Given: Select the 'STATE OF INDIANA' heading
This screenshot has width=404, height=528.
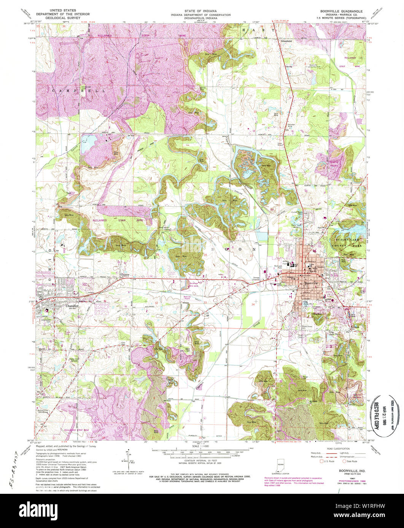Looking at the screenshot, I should tap(202, 11).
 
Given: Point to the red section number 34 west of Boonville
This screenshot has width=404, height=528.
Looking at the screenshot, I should tap(253, 304).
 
